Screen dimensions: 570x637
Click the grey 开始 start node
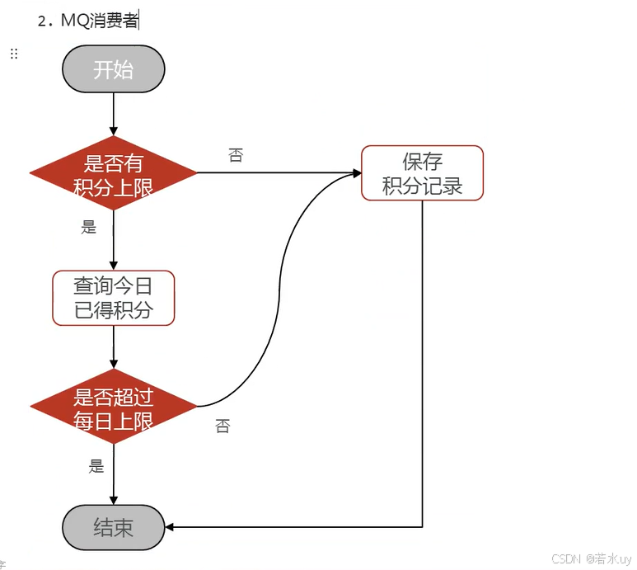(x=114, y=69)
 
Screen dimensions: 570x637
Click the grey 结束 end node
(x=114, y=527)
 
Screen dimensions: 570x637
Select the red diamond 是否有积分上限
(x=114, y=173)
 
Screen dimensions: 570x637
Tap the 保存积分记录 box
(x=422, y=173)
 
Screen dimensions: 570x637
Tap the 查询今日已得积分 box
(x=114, y=298)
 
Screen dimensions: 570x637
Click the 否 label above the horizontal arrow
(x=236, y=155)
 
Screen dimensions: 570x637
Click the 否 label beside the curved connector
(x=222, y=426)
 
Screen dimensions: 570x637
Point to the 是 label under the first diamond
(x=89, y=228)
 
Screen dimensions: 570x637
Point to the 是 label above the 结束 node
(x=96, y=466)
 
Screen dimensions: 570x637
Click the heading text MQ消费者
(x=100, y=21)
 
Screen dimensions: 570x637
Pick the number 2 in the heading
(x=42, y=21)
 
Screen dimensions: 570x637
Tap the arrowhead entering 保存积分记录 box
(x=356, y=173)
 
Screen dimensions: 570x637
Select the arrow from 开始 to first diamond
(x=114, y=111)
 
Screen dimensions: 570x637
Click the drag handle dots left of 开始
(x=13, y=54)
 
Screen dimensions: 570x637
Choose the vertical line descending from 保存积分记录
(x=423, y=363)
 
